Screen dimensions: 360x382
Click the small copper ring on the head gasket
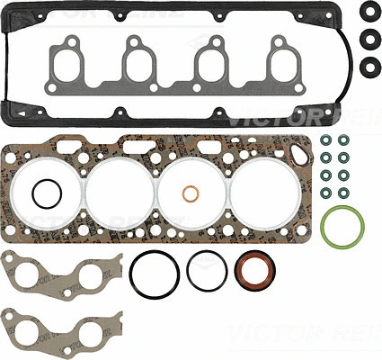[191, 195]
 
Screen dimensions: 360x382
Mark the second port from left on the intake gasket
[138, 62]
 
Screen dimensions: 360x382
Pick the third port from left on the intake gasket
[211, 62]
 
